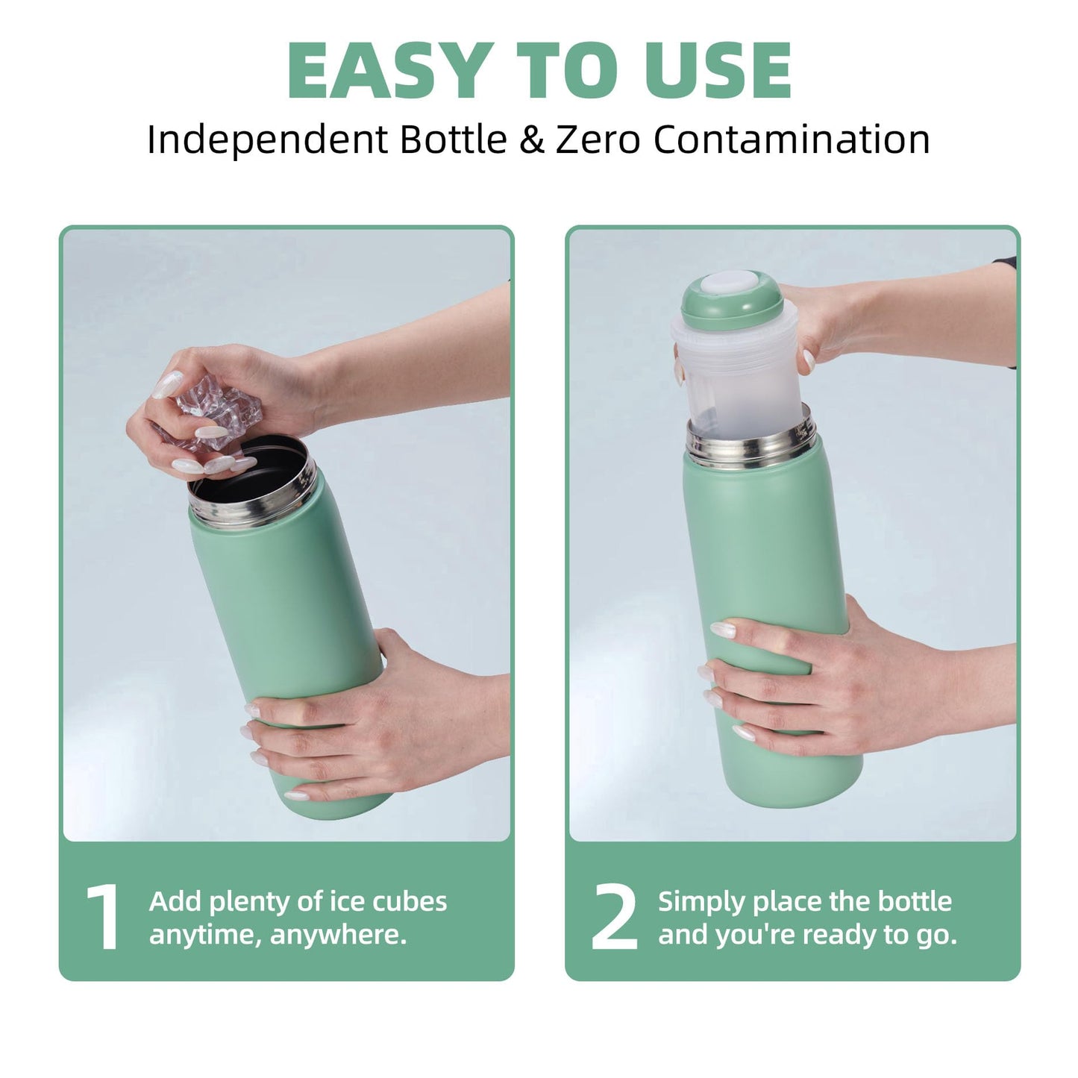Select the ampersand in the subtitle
pos(531,140)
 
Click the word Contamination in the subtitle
pos(791,140)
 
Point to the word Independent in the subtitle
pos(267,140)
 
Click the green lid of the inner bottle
pos(732,301)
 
